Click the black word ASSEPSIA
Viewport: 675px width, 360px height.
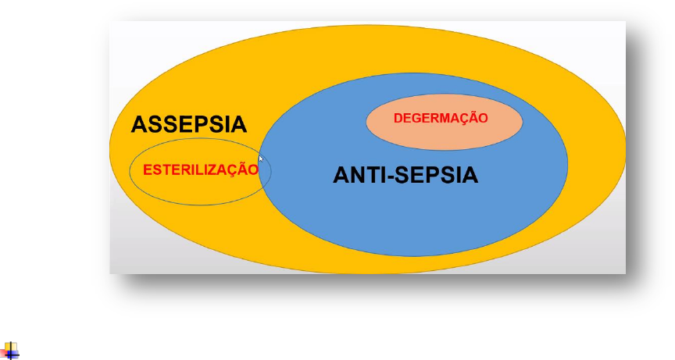[188, 125]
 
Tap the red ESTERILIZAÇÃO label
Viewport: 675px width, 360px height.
[200, 169]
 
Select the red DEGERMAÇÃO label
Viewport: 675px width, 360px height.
[441, 118]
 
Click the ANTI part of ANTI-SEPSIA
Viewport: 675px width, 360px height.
[359, 175]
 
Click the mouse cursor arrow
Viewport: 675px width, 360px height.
[261, 159]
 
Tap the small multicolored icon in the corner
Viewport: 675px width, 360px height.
[11, 351]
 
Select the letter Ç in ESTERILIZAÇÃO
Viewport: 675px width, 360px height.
[231, 169]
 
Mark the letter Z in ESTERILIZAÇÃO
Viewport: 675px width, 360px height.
[212, 169]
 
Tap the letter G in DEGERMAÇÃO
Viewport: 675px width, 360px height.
[419, 118]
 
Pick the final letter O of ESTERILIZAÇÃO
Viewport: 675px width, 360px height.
[252, 169]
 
